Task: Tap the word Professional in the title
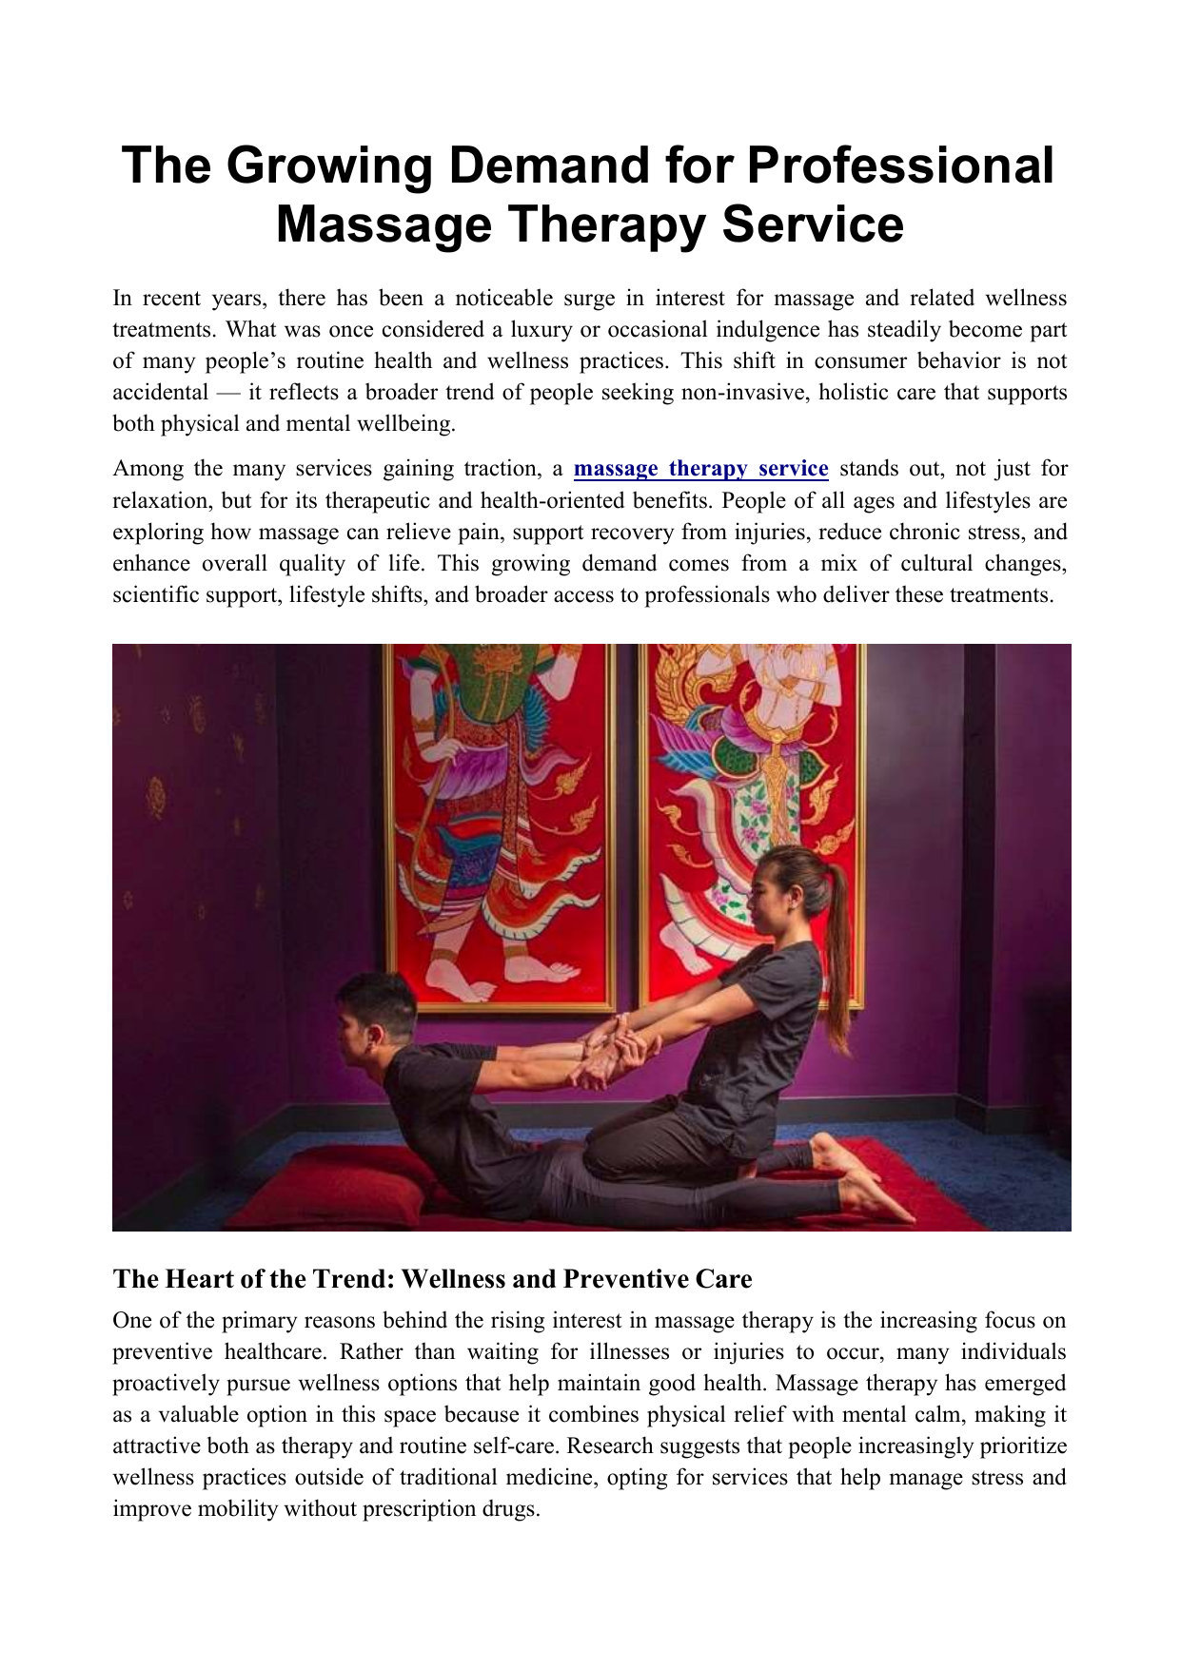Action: pyautogui.click(x=900, y=166)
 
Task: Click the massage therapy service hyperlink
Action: pyautogui.click(x=700, y=469)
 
